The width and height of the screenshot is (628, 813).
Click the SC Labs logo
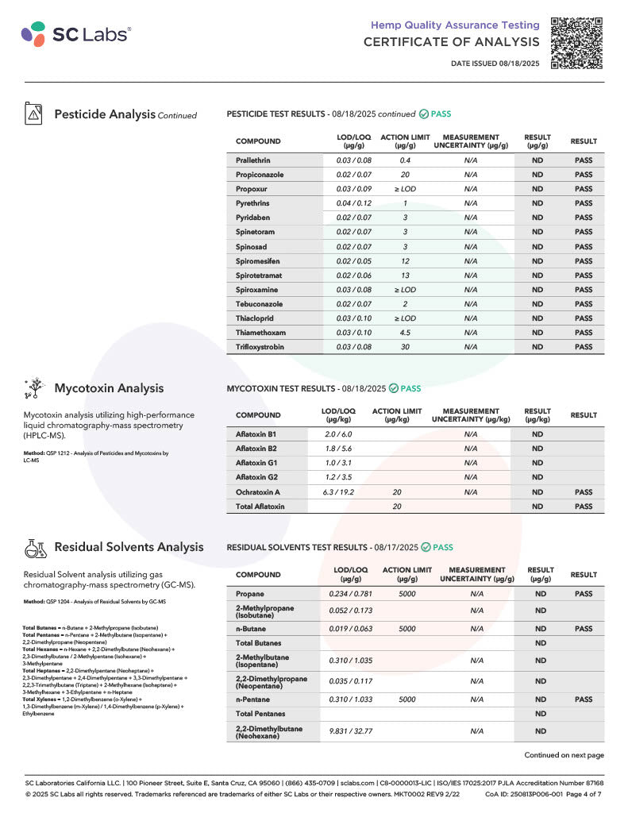point(76,33)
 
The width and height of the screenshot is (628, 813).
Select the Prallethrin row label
point(252,160)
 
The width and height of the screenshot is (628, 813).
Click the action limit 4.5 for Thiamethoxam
point(405,333)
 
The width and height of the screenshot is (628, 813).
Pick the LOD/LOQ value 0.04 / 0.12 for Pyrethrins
point(353,203)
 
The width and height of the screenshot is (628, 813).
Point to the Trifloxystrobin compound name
point(260,347)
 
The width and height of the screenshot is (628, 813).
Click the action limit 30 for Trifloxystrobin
point(405,347)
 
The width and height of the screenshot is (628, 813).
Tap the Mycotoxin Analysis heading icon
point(33,388)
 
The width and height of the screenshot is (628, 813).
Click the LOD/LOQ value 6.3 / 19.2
point(339,492)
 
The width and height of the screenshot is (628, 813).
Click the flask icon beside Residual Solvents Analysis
point(33,547)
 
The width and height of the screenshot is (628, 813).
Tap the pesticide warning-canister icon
point(33,114)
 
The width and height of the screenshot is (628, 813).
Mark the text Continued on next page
point(563,755)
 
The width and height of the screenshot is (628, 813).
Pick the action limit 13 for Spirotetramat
point(405,275)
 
